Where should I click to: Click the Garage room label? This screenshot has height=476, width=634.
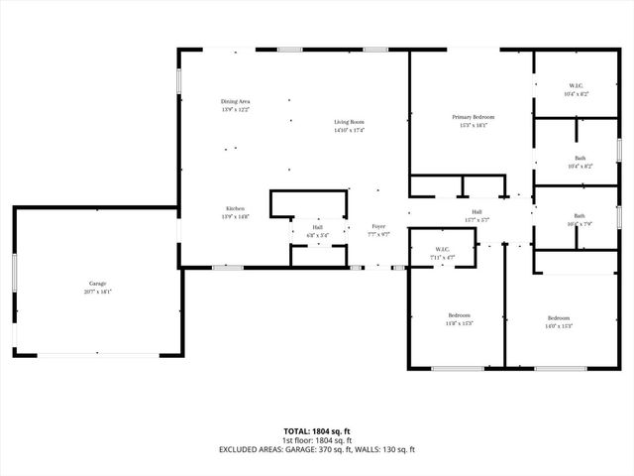click(96, 284)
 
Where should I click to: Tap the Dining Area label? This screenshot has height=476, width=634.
click(235, 102)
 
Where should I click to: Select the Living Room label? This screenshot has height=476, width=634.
click(349, 122)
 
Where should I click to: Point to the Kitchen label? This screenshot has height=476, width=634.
click(235, 208)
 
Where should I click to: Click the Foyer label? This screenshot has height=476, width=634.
click(378, 227)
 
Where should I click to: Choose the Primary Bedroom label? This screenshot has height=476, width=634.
click(474, 117)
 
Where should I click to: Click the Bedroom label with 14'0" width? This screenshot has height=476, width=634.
click(559, 318)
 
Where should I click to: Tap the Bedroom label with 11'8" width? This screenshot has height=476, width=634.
click(458, 315)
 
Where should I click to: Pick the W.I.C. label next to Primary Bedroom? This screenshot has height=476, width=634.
click(576, 85)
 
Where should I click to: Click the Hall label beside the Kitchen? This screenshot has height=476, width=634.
click(318, 228)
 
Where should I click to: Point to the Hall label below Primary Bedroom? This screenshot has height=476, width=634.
click(476, 211)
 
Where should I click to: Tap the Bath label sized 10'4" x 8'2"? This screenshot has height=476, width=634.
click(580, 159)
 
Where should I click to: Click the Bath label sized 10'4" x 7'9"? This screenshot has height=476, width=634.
click(580, 216)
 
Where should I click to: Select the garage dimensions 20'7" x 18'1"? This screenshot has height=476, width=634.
click(96, 292)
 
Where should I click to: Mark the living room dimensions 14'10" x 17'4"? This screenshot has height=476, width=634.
click(349, 130)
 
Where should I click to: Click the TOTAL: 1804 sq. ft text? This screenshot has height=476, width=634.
click(317, 431)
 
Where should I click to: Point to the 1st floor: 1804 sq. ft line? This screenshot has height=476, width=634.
click(317, 440)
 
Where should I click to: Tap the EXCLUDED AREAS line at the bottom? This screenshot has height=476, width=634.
click(317, 449)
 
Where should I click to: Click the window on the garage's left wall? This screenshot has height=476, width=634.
click(14, 273)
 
